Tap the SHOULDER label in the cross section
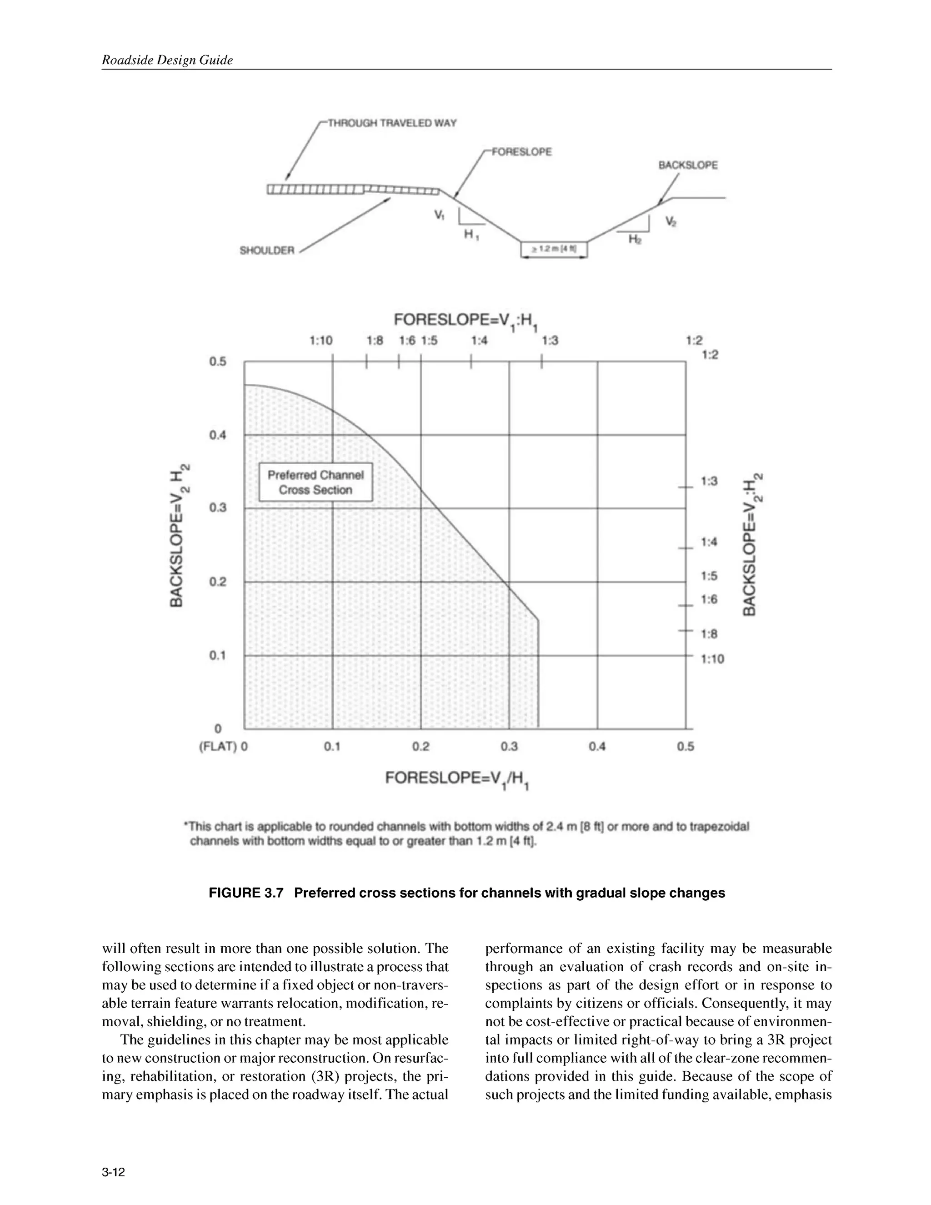click(x=267, y=251)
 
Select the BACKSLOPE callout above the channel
click(x=688, y=165)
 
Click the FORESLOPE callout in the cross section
click(x=521, y=152)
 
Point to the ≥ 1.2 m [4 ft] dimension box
click(x=554, y=249)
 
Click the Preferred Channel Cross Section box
click(x=315, y=482)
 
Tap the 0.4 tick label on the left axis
click(x=217, y=435)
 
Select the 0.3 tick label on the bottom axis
click(x=509, y=747)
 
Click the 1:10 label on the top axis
click(x=321, y=341)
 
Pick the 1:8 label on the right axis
click(x=709, y=634)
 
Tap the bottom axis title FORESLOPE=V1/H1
click(x=457, y=778)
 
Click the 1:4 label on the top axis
click(x=479, y=341)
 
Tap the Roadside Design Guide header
click(x=167, y=60)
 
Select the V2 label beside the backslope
click(x=671, y=222)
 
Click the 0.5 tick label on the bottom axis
click(x=685, y=747)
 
